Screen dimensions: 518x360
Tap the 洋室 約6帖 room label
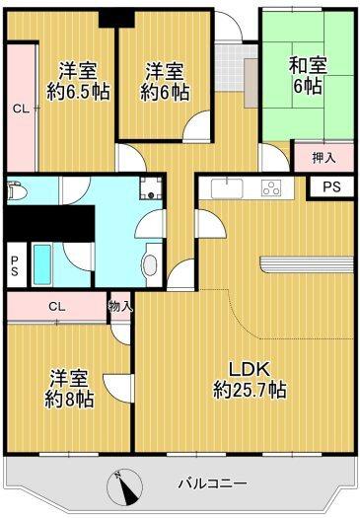click(x=165, y=81)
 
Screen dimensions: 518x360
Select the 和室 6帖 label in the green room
click(x=308, y=77)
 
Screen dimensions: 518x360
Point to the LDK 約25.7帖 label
click(x=250, y=378)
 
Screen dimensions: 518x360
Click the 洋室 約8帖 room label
click(x=70, y=388)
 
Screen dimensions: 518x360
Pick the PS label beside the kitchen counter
click(x=331, y=185)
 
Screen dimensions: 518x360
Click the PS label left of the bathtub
click(x=14, y=264)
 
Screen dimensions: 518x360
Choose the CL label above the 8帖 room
click(x=56, y=307)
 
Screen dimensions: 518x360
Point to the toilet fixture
click(x=17, y=194)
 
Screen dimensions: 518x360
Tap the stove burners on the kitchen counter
click(x=270, y=187)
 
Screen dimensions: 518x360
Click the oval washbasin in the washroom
click(x=149, y=264)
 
